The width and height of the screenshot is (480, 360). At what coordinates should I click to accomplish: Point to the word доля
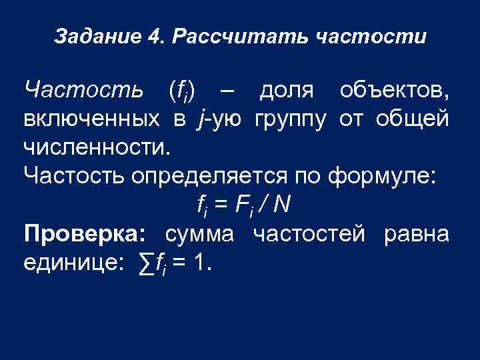coord(286,89)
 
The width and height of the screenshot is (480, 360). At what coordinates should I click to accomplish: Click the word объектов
coord(393,89)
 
